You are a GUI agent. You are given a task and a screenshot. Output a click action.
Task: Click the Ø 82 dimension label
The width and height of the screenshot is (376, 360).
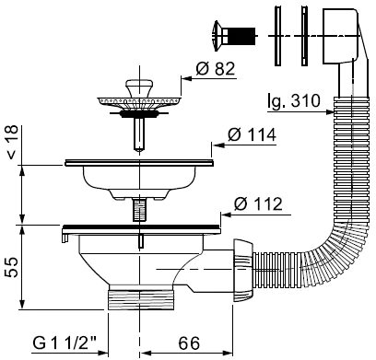[216, 69]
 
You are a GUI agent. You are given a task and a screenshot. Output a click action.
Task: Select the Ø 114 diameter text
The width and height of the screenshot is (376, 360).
[252, 134]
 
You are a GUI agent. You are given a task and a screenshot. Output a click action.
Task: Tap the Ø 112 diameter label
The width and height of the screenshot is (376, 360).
[258, 203]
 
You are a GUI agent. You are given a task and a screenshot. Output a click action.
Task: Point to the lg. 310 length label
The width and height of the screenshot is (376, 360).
[294, 101]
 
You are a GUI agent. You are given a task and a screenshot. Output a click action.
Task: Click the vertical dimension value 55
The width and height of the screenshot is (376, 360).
[13, 267]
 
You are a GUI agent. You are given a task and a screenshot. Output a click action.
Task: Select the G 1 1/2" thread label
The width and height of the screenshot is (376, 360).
[65, 343]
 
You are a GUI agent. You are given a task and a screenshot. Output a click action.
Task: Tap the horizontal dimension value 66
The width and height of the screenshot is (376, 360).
[189, 343]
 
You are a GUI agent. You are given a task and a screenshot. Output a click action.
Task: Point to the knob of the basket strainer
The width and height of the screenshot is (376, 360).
[139, 88]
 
